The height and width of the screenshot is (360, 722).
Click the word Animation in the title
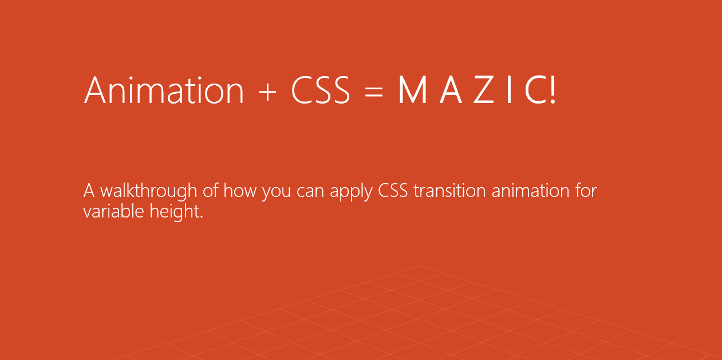tap(164, 90)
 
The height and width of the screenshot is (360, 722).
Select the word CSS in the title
tap(321, 90)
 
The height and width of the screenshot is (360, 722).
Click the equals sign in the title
tap(374, 92)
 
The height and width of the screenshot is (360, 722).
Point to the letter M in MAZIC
tap(413, 90)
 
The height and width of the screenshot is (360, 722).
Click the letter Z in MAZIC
tap(483, 90)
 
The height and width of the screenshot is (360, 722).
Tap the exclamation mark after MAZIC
tap(553, 90)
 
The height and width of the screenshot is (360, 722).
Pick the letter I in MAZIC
tap(509, 90)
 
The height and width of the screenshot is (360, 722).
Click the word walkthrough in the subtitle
tap(149, 191)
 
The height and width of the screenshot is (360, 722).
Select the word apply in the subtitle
tap(351, 191)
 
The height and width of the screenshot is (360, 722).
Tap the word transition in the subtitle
tap(449, 190)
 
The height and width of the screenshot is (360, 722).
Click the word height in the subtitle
tap(176, 212)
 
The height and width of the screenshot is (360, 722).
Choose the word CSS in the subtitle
tap(393, 191)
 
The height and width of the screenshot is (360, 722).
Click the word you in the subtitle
tap(277, 192)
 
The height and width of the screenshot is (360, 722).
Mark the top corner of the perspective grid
tap(419, 266)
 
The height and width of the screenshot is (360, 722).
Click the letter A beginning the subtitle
tap(89, 191)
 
